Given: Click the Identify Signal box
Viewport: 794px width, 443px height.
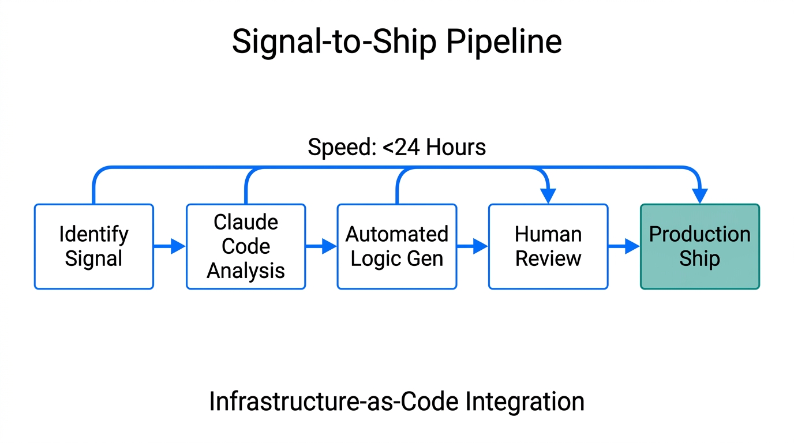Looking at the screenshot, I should (x=94, y=246).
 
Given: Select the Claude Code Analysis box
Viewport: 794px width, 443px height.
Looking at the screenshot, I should (x=246, y=246).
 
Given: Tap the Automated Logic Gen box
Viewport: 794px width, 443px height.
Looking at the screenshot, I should (x=397, y=246).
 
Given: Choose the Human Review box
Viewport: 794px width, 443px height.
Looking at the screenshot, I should (x=548, y=246).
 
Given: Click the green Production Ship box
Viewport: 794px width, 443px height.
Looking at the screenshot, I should (x=700, y=246).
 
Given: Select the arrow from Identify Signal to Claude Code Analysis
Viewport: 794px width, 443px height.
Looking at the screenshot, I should (x=170, y=246).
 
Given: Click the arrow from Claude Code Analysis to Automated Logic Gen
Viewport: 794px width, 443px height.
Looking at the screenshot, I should (x=321, y=246).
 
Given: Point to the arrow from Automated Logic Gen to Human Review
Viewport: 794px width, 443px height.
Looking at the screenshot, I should (x=473, y=246).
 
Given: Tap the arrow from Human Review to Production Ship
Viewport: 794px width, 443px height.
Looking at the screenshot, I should (x=624, y=246).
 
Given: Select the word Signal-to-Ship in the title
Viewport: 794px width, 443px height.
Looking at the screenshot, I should (x=331, y=42).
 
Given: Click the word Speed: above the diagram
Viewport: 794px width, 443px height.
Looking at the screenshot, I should (x=342, y=148).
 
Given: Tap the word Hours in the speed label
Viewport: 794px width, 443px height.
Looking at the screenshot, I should (x=456, y=148).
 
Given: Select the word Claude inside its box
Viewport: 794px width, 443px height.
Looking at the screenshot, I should (x=246, y=222).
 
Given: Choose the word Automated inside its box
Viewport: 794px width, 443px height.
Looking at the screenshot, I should (x=397, y=234).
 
